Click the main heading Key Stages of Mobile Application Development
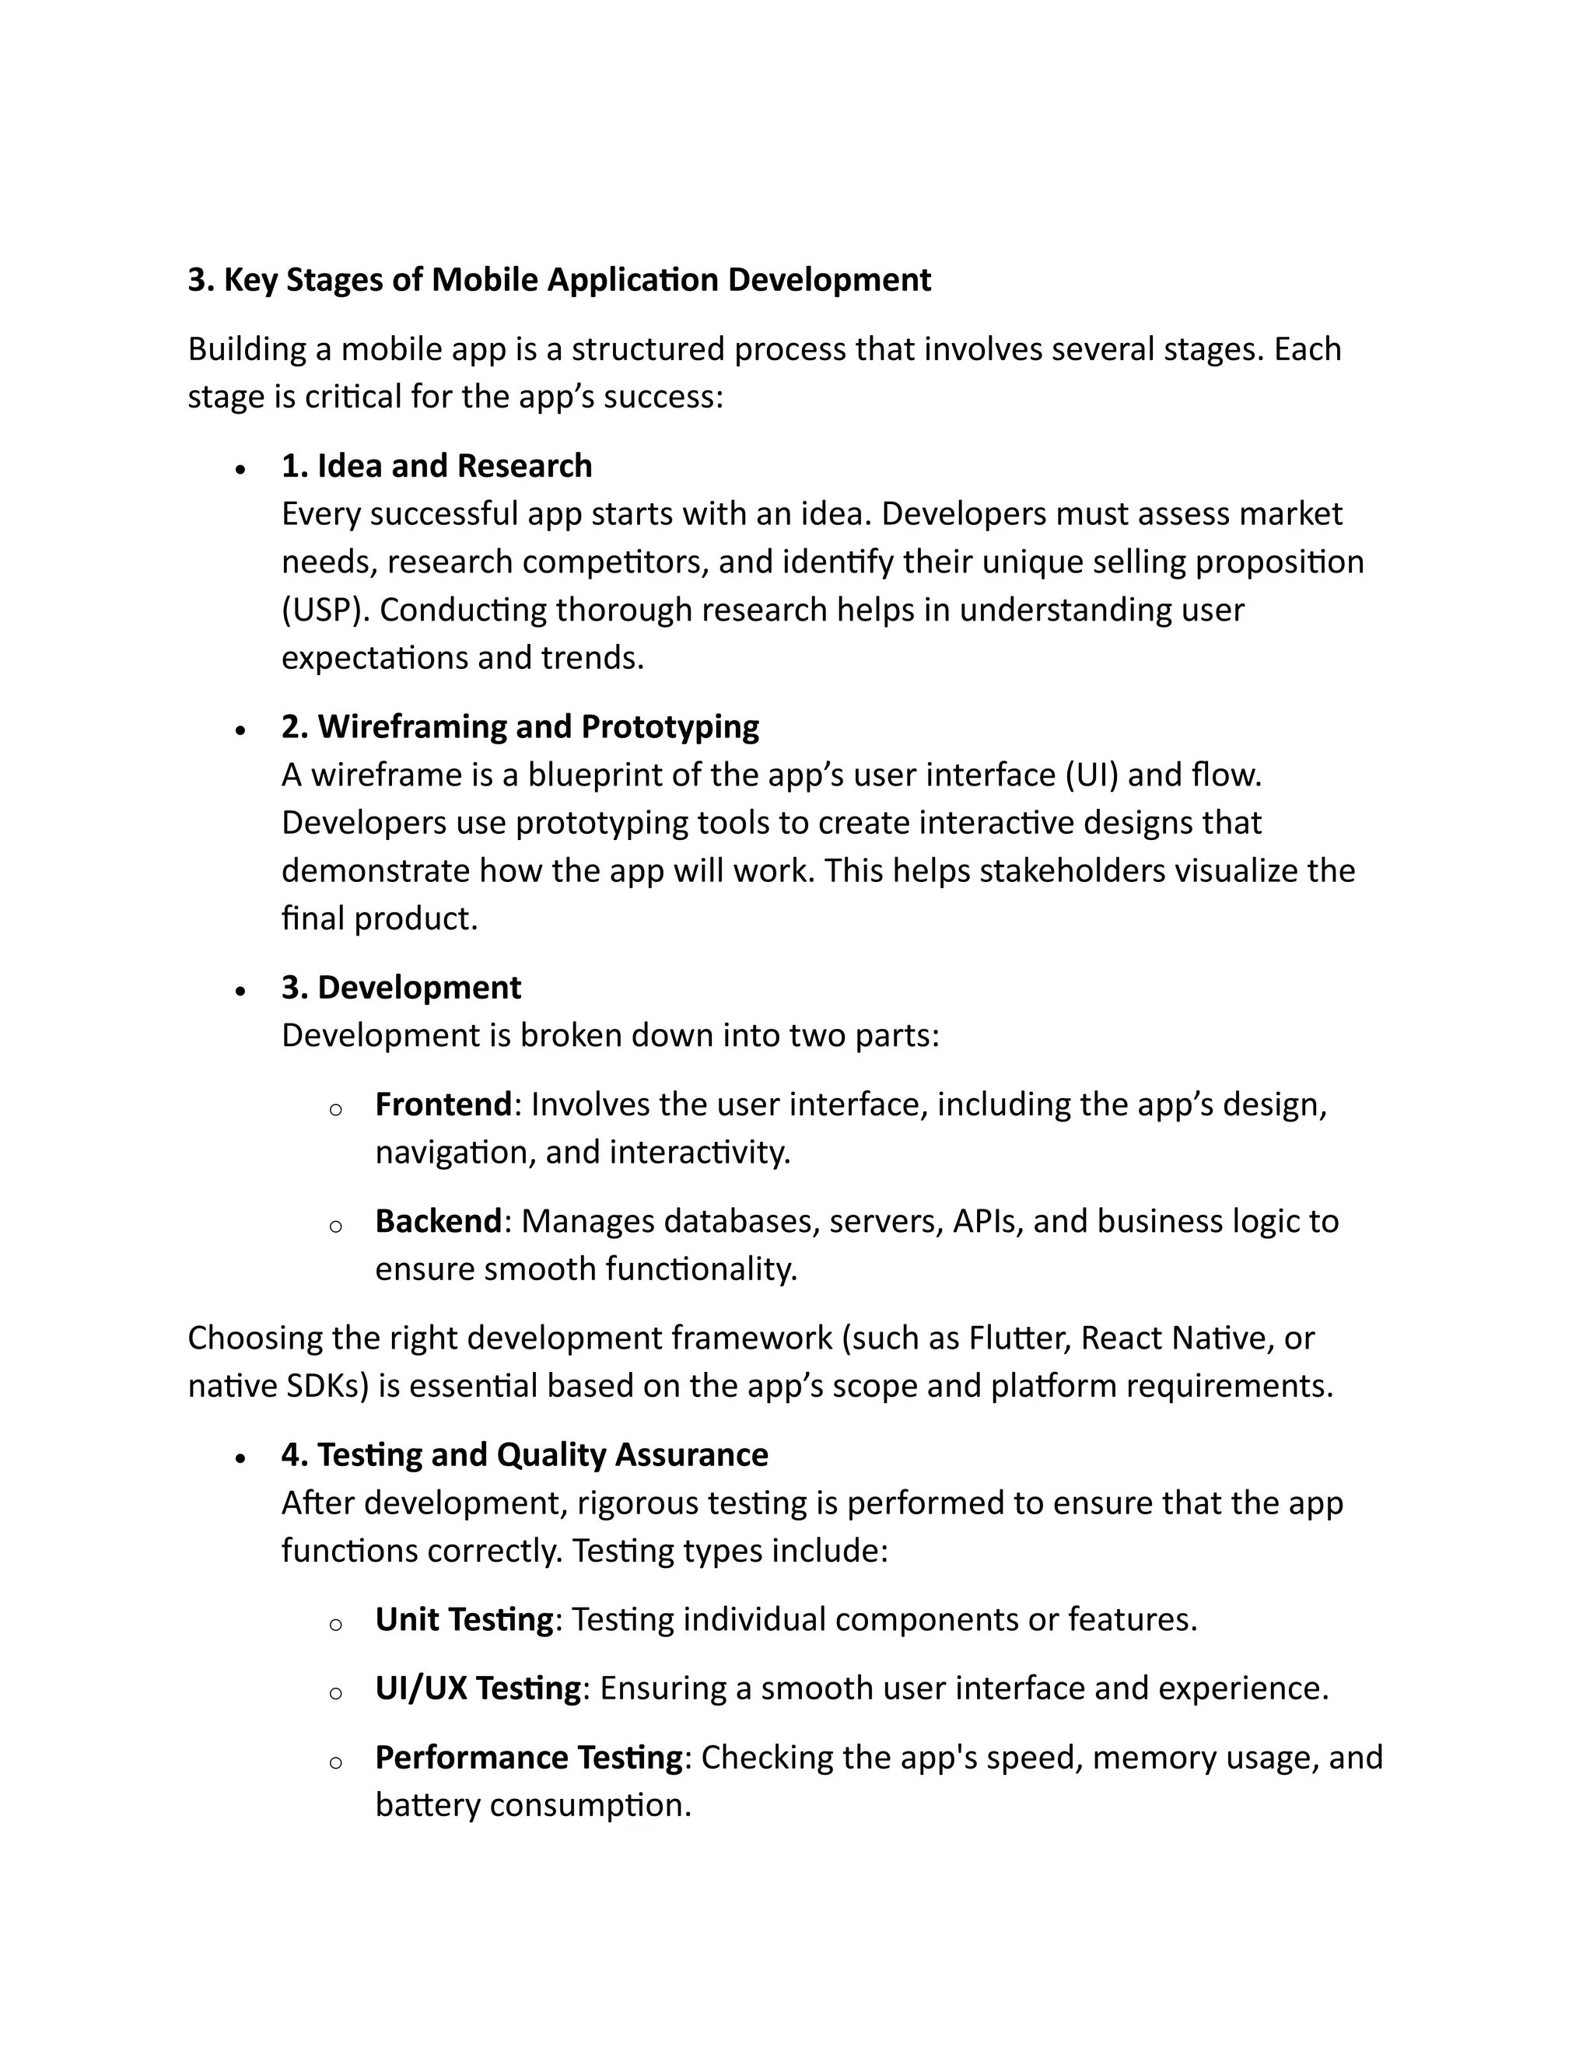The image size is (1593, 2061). pos(558,280)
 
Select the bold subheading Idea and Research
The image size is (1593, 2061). pos(437,466)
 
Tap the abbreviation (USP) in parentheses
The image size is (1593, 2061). pos(326,610)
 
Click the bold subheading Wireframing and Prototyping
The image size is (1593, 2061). pos(520,726)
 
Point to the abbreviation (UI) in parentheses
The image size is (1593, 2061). pos(1092,775)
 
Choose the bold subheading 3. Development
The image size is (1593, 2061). pos(401,987)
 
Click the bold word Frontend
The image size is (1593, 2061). pos(443,1104)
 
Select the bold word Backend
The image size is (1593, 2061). pos(438,1221)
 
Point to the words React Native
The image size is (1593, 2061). pos(1176,1338)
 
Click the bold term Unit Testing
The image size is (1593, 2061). pos(464,1619)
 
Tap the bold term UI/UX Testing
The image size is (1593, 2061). pos(478,1688)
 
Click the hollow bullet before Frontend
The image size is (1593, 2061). pos(335,1110)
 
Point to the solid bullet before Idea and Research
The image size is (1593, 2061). pos(242,469)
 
